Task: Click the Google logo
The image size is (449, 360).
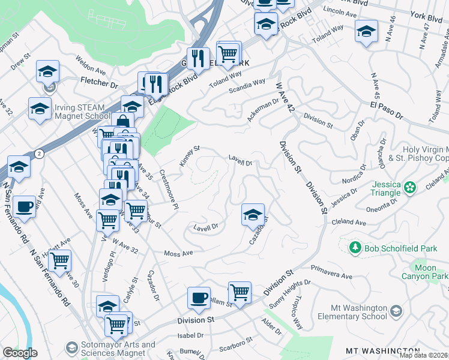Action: point(20,353)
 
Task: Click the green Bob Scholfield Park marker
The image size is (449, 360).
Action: point(355,247)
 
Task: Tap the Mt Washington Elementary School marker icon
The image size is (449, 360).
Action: point(396,311)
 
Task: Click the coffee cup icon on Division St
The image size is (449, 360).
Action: point(199,297)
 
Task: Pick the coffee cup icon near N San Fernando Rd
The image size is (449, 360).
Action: point(25,206)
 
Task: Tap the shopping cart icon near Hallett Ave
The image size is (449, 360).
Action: point(60,260)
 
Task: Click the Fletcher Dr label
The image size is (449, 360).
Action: point(100,80)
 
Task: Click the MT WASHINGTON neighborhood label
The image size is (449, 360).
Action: point(382,350)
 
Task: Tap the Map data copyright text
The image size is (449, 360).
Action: point(424,355)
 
